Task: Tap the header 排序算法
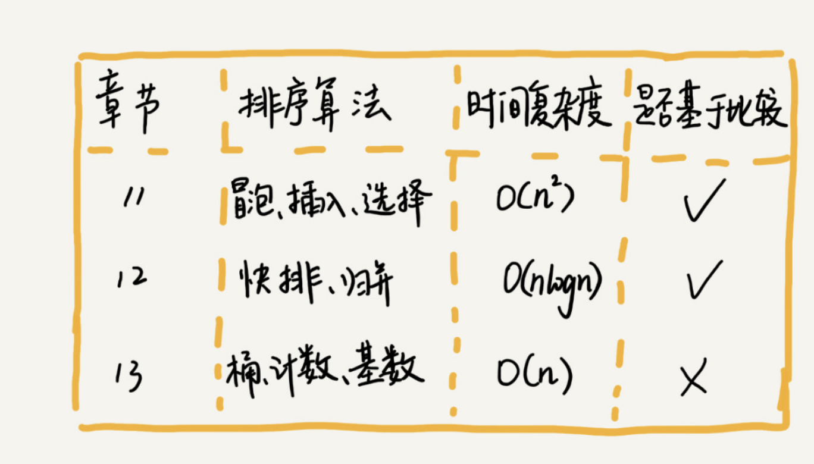[x=315, y=104]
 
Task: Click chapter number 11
[x=134, y=197]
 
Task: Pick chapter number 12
[x=132, y=278]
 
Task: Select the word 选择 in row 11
[x=397, y=201]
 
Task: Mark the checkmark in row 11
[x=705, y=200]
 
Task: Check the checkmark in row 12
[x=705, y=280]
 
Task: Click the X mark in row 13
[x=694, y=377]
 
